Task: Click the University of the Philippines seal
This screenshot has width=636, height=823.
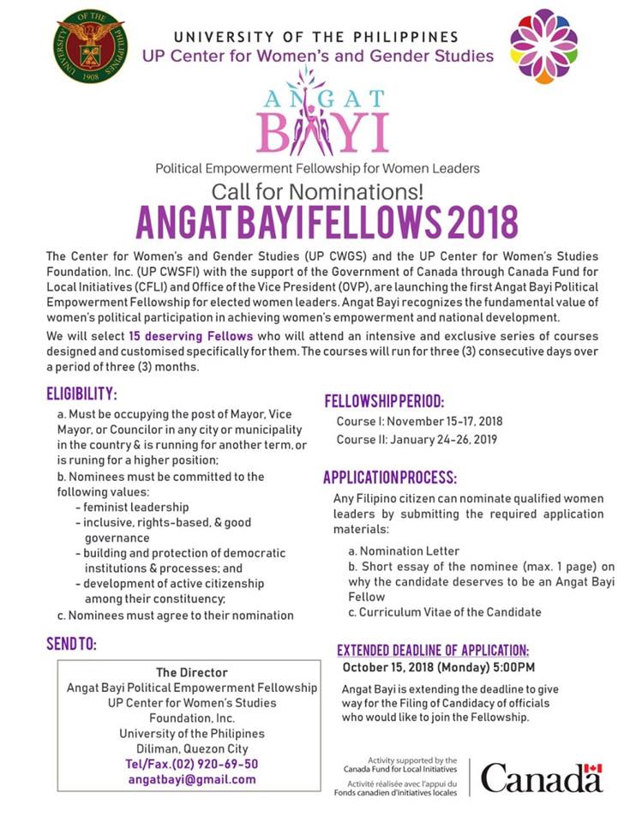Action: (90, 47)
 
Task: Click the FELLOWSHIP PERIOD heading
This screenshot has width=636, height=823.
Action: (384, 401)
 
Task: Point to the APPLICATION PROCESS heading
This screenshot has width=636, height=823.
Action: (390, 477)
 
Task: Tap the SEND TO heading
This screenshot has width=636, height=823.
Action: (71, 643)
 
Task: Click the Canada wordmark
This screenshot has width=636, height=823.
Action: (541, 778)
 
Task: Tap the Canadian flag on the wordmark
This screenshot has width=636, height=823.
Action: (593, 767)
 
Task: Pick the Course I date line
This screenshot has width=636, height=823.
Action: (419, 422)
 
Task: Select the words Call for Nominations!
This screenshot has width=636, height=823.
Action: (318, 189)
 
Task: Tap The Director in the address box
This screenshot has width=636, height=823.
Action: (192, 672)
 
